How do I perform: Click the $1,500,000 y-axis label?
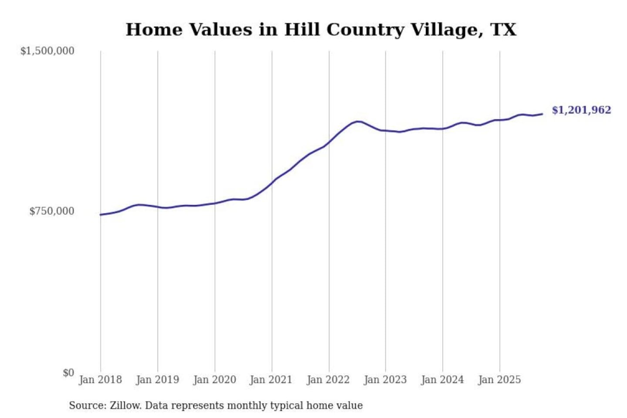click(47, 51)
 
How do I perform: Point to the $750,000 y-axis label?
click(51, 211)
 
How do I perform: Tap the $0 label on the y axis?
click(68, 373)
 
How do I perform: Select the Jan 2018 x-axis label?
click(100, 380)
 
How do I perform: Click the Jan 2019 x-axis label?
click(157, 380)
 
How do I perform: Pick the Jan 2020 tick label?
click(214, 380)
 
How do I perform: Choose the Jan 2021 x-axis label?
click(271, 380)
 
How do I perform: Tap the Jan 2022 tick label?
click(328, 380)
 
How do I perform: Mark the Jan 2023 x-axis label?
click(385, 380)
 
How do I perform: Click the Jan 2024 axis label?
click(442, 380)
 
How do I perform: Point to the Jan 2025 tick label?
click(499, 380)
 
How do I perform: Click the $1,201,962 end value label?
click(581, 110)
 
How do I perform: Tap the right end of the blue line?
click(542, 114)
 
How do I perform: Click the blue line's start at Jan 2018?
click(101, 215)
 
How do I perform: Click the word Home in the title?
click(154, 30)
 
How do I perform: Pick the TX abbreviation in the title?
click(503, 30)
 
